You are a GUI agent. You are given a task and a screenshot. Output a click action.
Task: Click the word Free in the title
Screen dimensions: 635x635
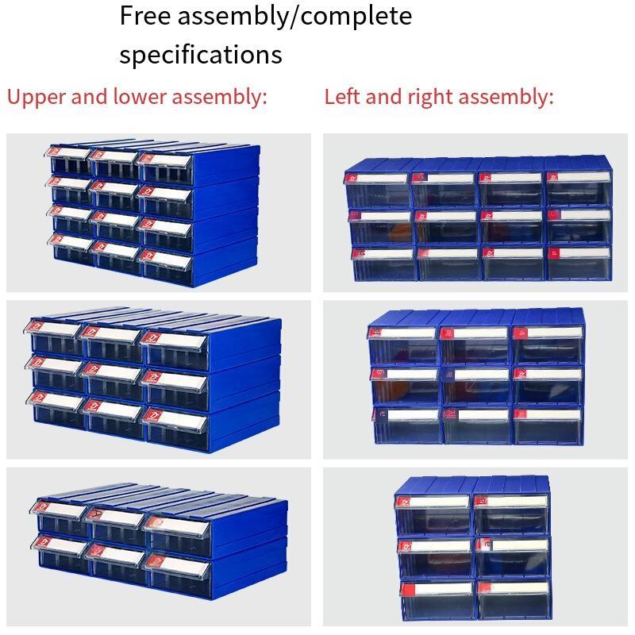[145, 16]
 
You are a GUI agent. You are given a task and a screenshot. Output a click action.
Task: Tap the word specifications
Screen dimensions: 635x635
[201, 55]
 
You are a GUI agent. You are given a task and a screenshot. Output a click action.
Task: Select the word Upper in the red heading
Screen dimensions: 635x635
[37, 98]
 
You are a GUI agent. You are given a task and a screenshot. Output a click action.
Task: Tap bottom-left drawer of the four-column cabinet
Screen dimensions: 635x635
[385, 264]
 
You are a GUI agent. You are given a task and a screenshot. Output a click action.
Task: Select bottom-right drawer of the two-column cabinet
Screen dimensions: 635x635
[514, 600]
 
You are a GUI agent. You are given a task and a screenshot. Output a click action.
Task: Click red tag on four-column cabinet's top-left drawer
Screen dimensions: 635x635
[352, 178]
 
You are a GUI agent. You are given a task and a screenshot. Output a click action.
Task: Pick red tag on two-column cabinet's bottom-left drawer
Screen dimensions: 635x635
[406, 590]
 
